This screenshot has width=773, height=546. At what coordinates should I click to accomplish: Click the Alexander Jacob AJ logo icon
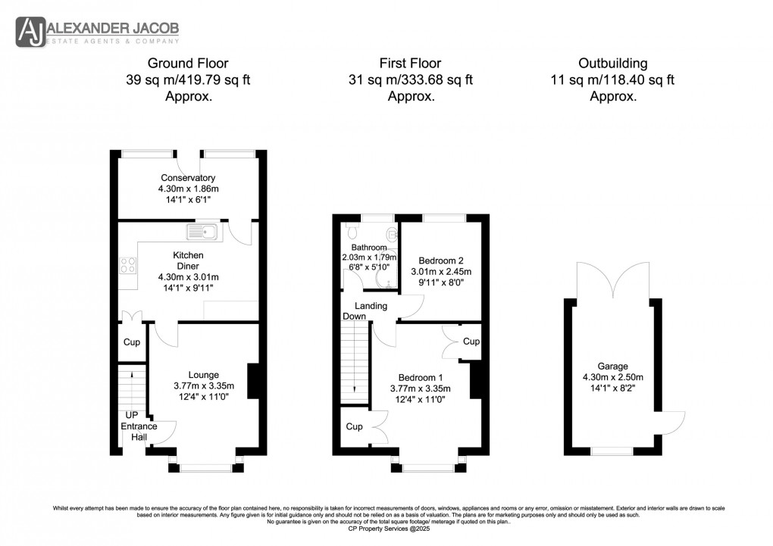coord(30,33)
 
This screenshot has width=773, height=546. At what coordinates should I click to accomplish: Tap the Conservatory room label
coord(187,178)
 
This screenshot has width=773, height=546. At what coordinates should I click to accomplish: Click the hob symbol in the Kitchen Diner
coord(127,266)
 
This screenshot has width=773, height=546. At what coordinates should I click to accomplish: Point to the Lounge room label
coord(203,375)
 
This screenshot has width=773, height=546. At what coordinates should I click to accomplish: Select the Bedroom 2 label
coord(440,260)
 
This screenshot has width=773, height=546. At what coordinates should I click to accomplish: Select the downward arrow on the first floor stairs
coord(354,388)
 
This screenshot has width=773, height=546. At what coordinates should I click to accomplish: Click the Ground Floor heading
coord(187,63)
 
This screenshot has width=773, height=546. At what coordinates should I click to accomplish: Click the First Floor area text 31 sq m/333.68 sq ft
coord(411,80)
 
